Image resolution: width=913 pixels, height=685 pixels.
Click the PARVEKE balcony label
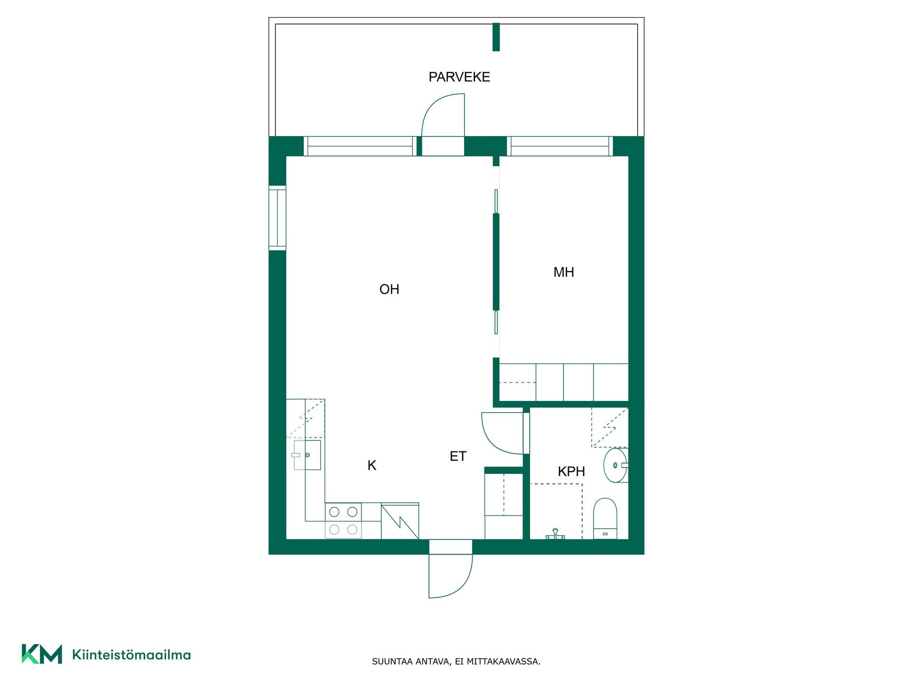459,77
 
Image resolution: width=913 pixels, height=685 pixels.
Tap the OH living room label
389,289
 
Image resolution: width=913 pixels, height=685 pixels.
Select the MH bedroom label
563,272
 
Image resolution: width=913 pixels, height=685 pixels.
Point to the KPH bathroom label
571,471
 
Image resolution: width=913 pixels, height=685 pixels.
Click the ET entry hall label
458,456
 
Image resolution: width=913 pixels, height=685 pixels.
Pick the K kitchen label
372,465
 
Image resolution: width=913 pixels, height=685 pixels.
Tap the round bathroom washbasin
616,465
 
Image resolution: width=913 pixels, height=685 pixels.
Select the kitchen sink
307,455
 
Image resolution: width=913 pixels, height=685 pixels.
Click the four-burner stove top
343,520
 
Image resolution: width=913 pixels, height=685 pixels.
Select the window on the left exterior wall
277,218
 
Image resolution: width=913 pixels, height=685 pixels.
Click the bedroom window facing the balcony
560,146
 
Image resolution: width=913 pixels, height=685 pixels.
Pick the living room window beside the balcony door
360,146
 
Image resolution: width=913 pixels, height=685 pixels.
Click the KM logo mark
42,654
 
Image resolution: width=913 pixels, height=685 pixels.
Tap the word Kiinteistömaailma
131,655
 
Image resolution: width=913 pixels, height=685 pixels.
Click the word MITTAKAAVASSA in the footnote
504,662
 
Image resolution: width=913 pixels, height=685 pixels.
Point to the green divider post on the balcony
496,37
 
